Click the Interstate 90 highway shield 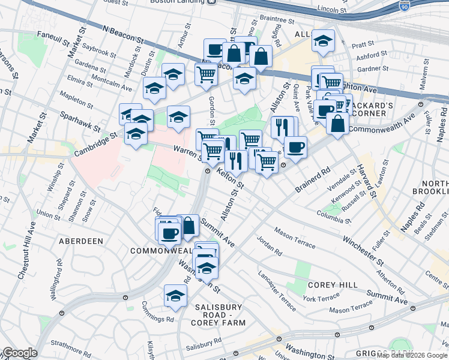tap(404, 6)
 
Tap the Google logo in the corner tap(20, 353)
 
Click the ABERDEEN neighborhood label tap(81, 241)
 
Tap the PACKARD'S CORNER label tap(372, 110)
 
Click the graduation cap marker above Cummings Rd tap(175, 295)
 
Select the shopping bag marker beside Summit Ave tap(188, 226)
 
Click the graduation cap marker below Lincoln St tap(323, 41)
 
